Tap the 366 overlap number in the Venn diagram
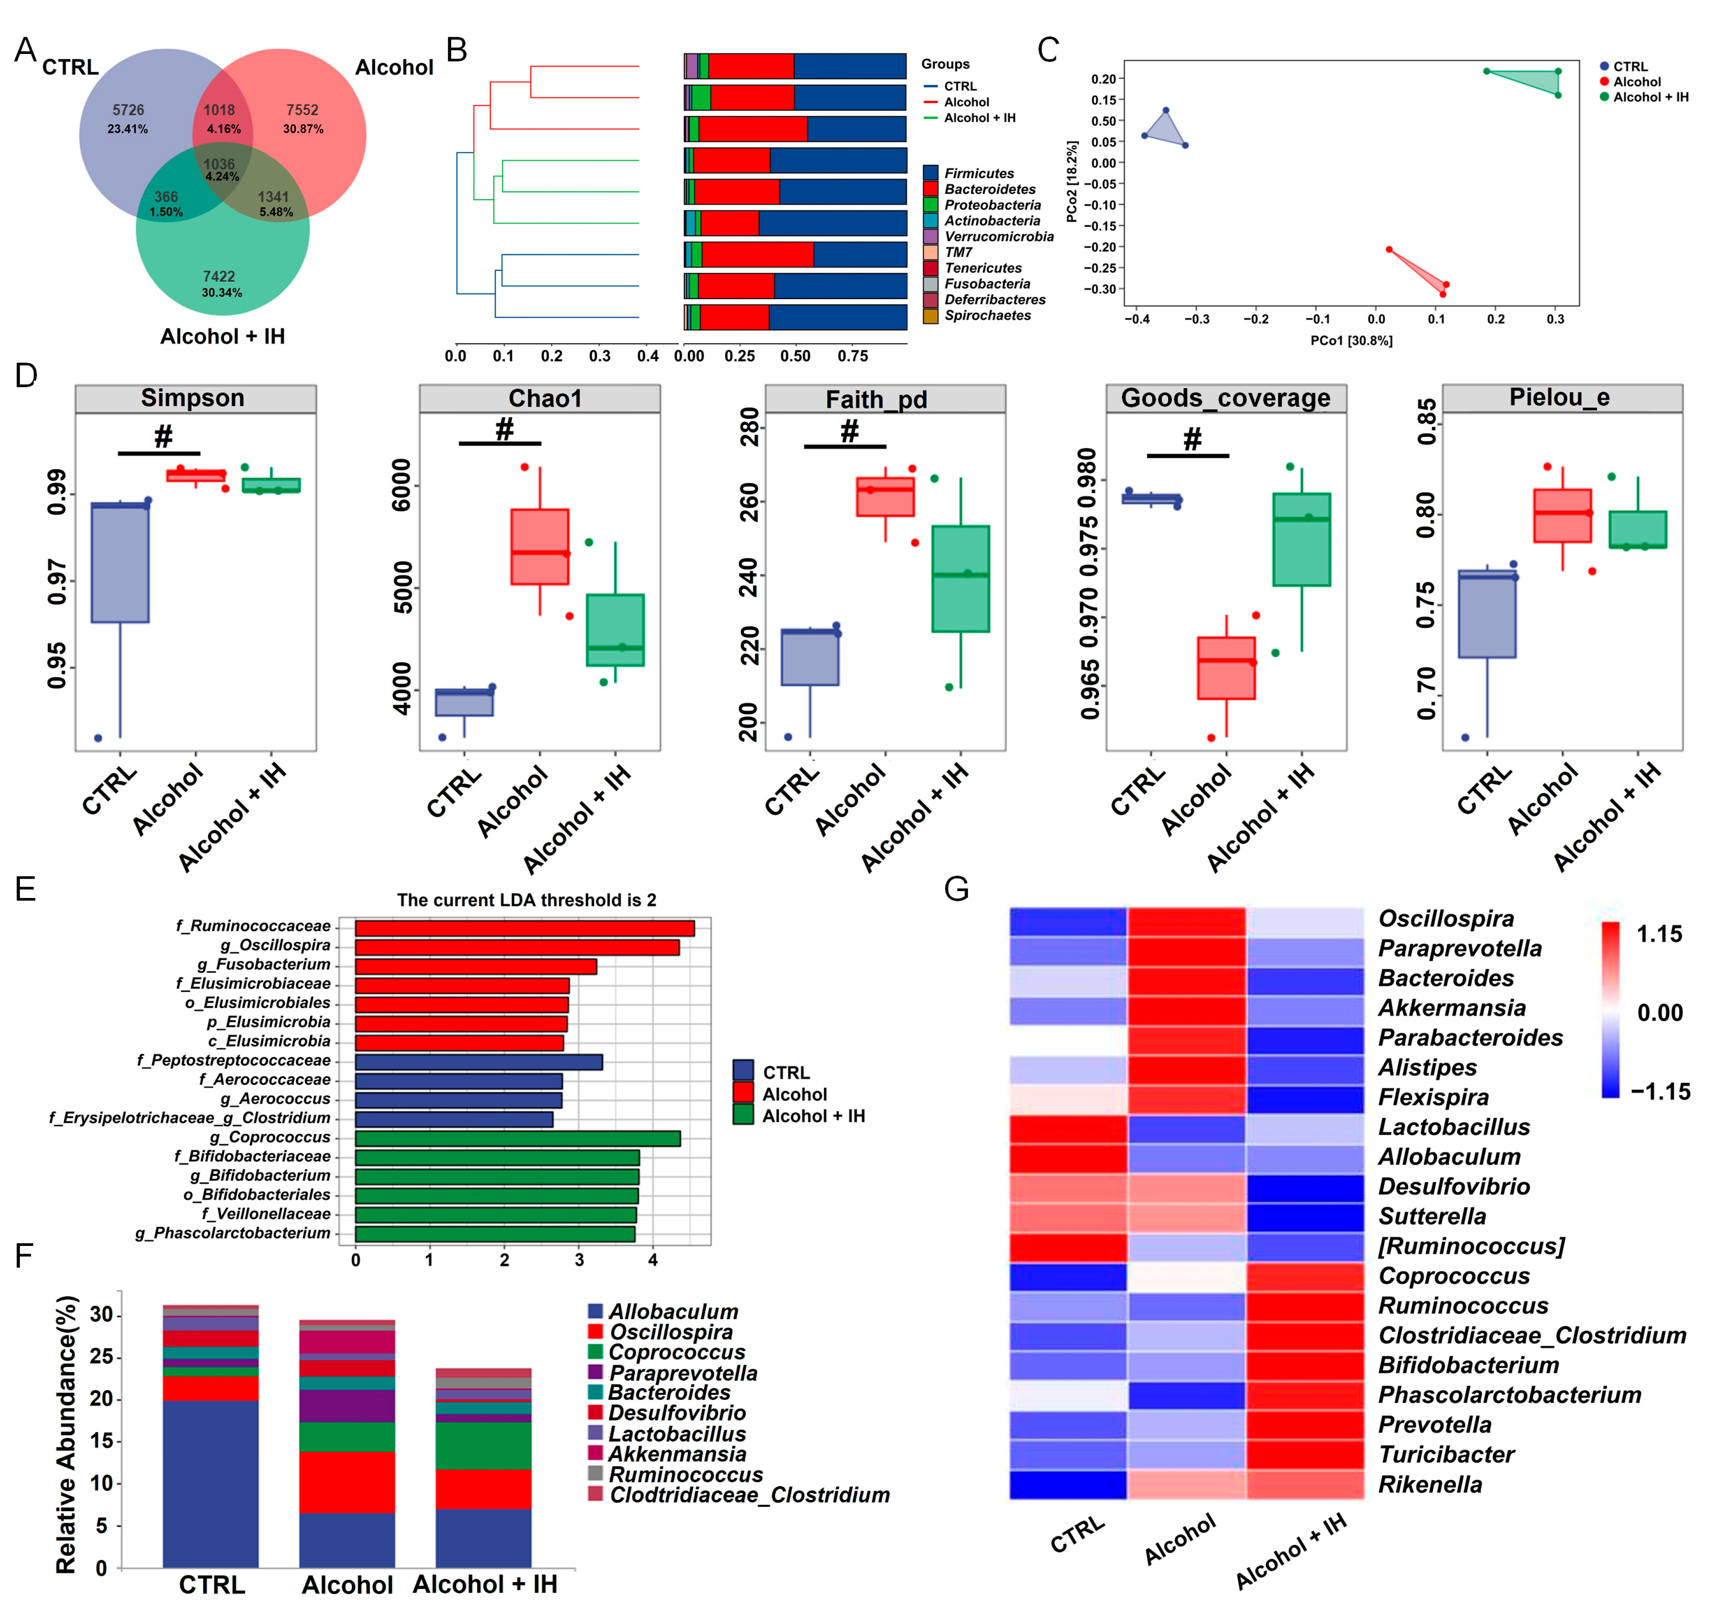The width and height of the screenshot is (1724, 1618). click(166, 197)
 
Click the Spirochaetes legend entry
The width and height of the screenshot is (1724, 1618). click(987, 315)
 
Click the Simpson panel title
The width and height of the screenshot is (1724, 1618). click(192, 398)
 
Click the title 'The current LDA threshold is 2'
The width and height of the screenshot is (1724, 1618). click(526, 900)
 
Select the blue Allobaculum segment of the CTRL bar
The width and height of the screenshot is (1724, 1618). click(211, 1483)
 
